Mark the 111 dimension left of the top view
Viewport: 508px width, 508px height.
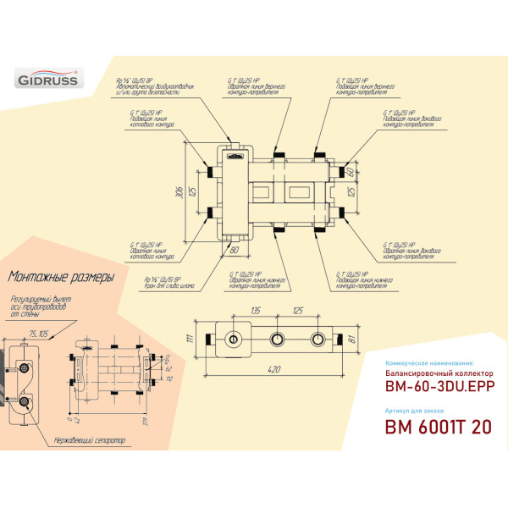190,340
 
